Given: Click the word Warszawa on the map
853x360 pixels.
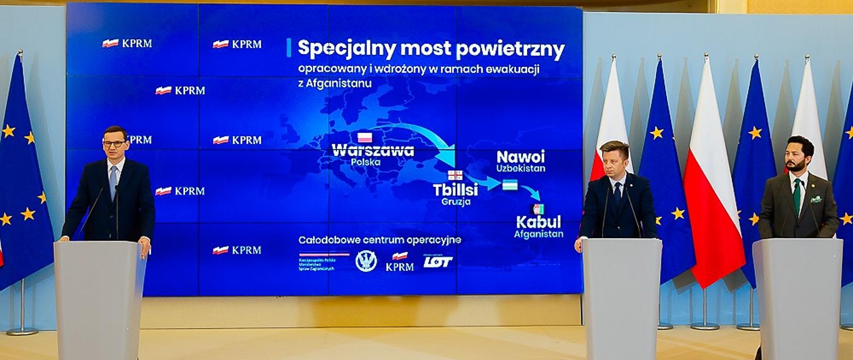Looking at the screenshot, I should pos(373,150).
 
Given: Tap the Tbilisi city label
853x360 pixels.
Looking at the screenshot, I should pos(455,190).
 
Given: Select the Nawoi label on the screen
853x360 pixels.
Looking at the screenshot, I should pos(520,157).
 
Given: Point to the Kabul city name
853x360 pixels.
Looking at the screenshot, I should pos(538,222).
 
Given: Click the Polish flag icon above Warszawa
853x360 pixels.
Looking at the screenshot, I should pos(365,137).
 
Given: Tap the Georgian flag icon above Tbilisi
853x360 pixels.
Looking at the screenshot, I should pos(455,175).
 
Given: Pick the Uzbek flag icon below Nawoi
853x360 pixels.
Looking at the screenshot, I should pos(510,185).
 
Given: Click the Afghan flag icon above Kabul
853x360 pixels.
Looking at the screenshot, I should pos(538,209).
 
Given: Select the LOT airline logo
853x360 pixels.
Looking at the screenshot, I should pos(438,262).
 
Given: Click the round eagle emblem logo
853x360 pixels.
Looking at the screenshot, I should pos(366,261).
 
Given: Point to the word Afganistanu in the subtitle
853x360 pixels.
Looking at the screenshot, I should pos(335,83).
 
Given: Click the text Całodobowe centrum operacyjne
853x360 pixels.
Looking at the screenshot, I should pos(379,240).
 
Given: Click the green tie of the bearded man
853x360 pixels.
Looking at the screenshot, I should pos(797,195).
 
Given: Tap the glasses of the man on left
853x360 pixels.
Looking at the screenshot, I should pos(114,144).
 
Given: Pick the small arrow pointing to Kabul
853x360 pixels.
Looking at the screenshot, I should pos(531,192).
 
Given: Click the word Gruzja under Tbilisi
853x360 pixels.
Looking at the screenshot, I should pos(456,202).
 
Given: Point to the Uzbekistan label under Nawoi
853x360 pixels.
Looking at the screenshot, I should pos(521,168).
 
